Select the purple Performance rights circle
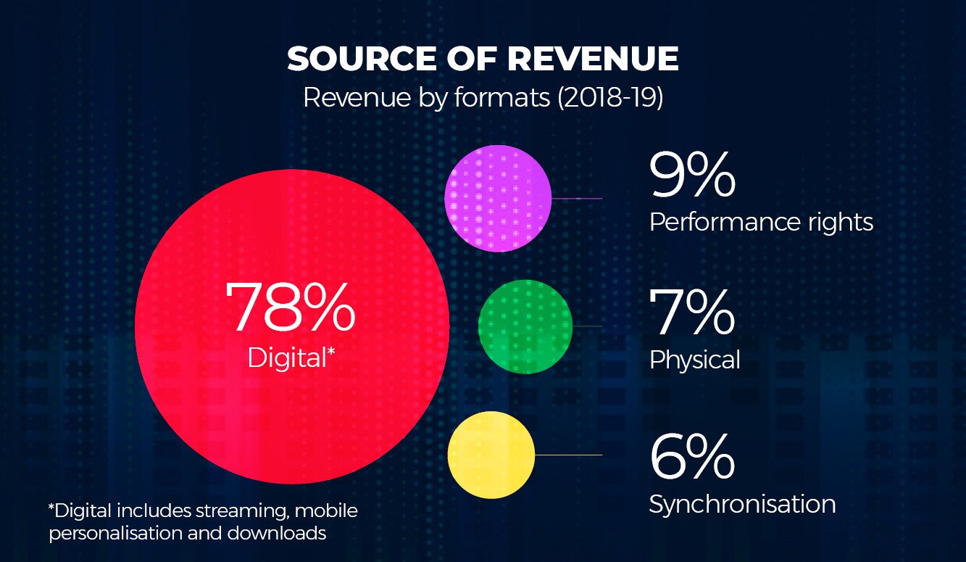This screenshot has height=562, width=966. click(x=497, y=198)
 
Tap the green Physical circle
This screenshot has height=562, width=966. click(x=525, y=326)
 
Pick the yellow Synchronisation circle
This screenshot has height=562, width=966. click(x=491, y=455)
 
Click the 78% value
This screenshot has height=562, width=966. click(x=291, y=306)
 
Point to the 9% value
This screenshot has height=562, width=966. click(x=692, y=175)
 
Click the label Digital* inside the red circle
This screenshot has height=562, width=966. click(x=291, y=358)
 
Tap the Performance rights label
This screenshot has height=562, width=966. click(x=761, y=223)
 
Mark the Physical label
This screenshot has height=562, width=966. click(x=694, y=360)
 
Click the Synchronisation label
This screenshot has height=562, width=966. click(x=742, y=504)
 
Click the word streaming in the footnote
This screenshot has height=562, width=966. click(x=243, y=512)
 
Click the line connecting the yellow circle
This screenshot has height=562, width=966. click(x=568, y=455)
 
